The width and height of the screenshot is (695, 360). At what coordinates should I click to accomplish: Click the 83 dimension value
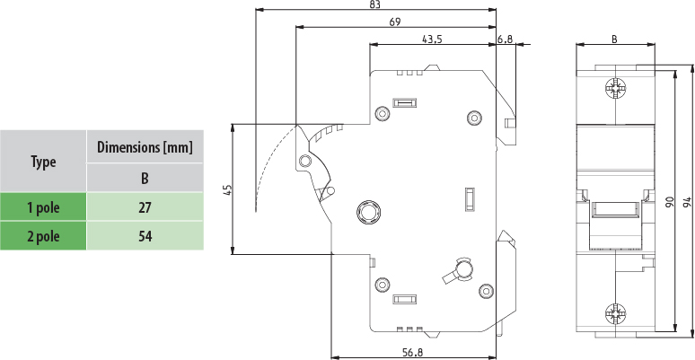pos(374,4)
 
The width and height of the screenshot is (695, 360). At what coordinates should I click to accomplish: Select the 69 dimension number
pos(395,22)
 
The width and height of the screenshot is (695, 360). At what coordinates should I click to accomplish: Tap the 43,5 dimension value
pos(432,40)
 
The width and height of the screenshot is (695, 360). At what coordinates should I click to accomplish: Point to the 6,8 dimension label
pos(505,40)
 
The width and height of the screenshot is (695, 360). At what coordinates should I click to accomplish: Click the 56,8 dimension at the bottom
pos(413,353)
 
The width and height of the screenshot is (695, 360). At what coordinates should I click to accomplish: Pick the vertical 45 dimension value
pos(228,190)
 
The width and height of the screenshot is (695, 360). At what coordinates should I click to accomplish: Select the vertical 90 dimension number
pos(670,202)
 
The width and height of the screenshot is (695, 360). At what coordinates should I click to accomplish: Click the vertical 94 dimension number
pos(687,202)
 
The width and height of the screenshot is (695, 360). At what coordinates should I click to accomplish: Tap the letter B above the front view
pos(614,40)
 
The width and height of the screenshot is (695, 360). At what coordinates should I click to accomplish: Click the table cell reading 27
pos(145,207)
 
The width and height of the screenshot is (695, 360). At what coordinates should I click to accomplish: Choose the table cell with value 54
pos(145,236)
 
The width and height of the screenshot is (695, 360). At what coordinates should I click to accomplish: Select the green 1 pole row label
pos(43,207)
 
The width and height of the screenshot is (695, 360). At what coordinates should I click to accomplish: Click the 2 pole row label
pos(43,236)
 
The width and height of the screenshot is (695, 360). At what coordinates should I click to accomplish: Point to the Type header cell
pos(43,162)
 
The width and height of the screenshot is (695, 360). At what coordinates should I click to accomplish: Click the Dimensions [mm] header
pos(145,146)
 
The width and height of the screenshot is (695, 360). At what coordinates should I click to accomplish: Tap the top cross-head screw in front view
pos(616,88)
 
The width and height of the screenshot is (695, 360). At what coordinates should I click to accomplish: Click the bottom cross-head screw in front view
pos(616,314)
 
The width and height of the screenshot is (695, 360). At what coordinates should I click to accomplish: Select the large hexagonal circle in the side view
pos(368,212)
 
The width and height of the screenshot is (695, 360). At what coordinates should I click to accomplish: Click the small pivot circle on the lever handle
pos(304,161)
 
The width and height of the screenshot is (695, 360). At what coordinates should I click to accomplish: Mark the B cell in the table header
pos(145,179)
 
